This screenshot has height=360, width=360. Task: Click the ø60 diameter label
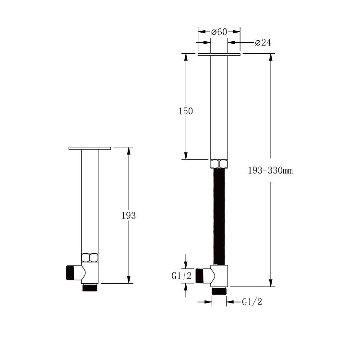[219, 32]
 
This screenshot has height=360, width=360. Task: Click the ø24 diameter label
[263, 43]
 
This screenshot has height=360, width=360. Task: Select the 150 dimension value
[185, 111]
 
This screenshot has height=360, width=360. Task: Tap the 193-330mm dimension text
[270, 170]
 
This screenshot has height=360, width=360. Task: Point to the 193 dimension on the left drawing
[129, 216]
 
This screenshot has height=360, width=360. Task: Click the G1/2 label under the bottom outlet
[252, 302]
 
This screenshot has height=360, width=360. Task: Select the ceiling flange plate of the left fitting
[90, 148]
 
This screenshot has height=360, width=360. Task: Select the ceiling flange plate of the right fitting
[219, 55]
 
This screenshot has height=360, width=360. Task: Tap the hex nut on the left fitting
[90, 257]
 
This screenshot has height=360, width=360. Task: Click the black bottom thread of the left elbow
[90, 288]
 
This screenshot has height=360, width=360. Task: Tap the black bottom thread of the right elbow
[219, 290]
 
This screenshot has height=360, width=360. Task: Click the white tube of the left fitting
[90, 202]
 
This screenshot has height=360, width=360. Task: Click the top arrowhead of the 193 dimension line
[129, 152]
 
